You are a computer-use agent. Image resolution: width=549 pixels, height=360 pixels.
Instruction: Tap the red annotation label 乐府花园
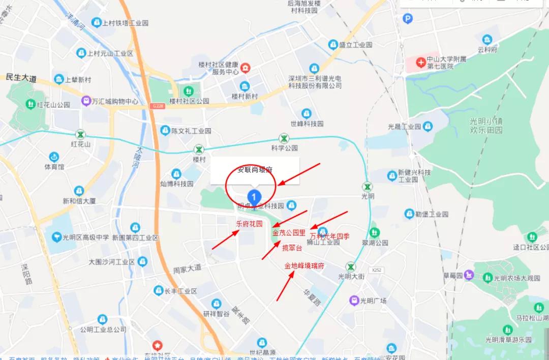[249, 224]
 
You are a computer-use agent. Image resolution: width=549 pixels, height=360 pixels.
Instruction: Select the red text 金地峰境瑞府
[304, 266]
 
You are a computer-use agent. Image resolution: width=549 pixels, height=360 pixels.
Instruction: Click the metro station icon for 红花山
[80, 135]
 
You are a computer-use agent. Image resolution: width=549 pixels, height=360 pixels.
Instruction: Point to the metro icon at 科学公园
[284, 138]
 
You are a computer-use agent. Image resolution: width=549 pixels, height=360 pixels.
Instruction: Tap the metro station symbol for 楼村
[199, 149]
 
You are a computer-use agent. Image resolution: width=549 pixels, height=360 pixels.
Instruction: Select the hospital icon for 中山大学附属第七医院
[420, 63]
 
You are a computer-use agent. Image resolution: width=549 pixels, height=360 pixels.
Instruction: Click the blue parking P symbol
[407, 19]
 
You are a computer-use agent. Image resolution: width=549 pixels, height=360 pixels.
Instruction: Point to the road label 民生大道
[21, 78]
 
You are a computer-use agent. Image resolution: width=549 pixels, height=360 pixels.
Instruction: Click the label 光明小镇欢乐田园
[486, 125]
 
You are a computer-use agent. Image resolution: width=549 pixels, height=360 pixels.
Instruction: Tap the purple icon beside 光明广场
[354, 301]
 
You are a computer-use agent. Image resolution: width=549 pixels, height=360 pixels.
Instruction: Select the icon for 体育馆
[54, 157]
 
